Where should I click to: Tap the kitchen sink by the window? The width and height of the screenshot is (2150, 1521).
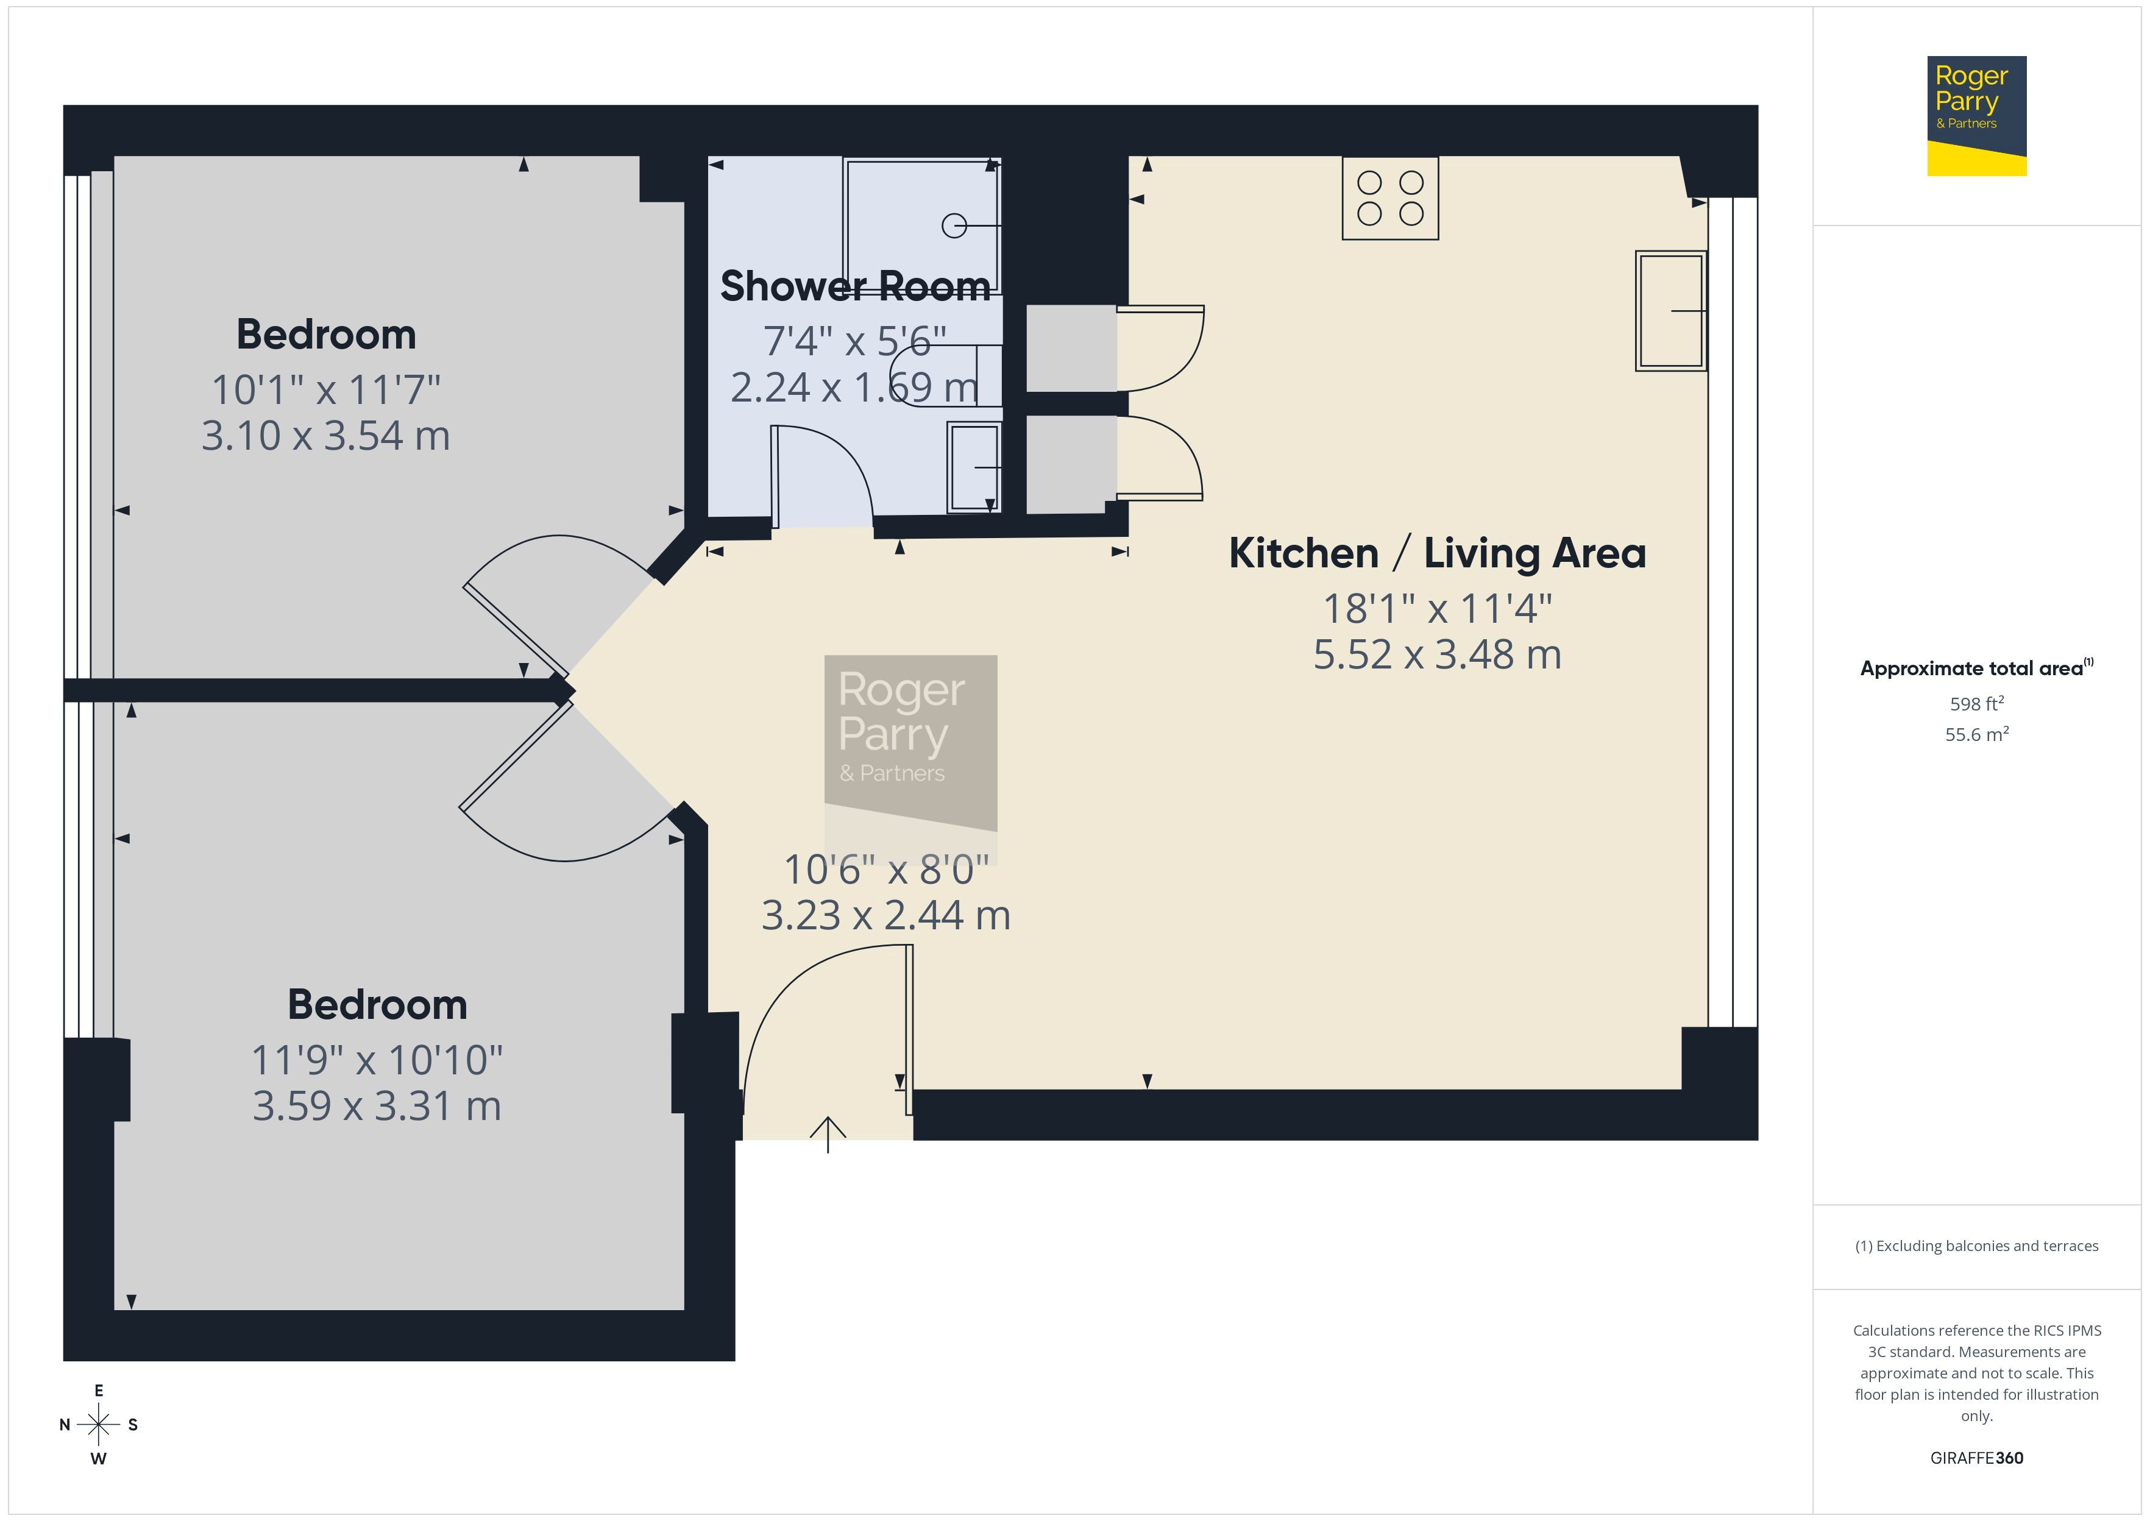(x=1670, y=311)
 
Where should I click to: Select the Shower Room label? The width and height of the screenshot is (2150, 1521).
(x=855, y=286)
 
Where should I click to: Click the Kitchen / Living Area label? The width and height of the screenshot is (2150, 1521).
(x=1438, y=553)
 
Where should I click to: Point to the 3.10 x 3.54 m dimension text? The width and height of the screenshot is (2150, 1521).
(x=326, y=436)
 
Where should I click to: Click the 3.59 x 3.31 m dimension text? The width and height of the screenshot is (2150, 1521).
(x=377, y=1106)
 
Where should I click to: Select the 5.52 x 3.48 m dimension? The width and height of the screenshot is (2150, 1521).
(x=1438, y=654)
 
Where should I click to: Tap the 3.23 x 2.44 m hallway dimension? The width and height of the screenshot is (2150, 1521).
(x=886, y=915)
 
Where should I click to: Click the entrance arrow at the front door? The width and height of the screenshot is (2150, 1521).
(x=828, y=1134)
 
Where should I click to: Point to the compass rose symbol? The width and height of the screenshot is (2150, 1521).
(x=98, y=1425)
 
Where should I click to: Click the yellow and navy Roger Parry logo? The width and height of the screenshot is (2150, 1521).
(x=1977, y=116)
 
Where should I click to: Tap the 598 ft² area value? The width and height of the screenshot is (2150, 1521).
(x=1977, y=703)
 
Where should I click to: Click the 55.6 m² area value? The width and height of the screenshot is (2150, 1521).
(x=1977, y=734)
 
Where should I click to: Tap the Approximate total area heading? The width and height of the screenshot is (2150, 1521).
(x=1977, y=668)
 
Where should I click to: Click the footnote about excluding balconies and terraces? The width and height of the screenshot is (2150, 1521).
(x=1977, y=1246)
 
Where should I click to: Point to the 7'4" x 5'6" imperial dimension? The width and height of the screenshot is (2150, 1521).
(x=855, y=341)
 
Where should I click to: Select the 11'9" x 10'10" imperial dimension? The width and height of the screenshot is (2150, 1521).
(x=377, y=1060)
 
